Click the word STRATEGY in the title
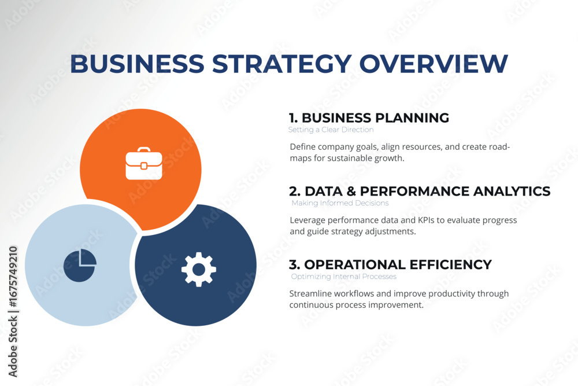click(281, 64)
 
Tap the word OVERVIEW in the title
click(433, 64)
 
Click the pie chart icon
click(80, 265)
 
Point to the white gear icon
click(199, 269)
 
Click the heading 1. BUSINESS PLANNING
click(369, 117)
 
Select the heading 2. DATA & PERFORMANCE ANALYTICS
click(420, 191)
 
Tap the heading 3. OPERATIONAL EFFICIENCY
click(390, 264)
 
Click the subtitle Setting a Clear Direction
click(331, 130)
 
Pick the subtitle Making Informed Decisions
click(340, 203)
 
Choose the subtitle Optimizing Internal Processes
click(344, 277)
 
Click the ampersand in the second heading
click(351, 191)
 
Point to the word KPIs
click(426, 220)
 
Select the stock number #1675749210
click(13, 277)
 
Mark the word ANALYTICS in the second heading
click(512, 191)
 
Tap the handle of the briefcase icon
click(144, 149)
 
